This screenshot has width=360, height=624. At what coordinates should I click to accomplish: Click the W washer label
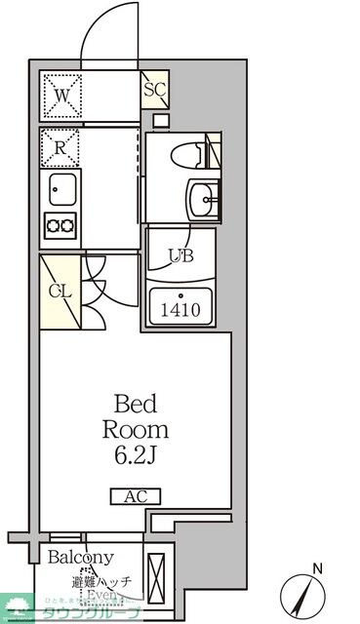point(61,97)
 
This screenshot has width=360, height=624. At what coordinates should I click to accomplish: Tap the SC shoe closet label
point(154,91)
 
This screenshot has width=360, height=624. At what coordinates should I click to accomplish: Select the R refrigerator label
point(60,149)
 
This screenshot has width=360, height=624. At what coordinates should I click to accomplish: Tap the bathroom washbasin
point(205,199)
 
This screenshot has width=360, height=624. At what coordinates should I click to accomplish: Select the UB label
point(180,256)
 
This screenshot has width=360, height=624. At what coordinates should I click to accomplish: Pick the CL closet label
point(59,291)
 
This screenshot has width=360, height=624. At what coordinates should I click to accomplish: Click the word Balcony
point(80,558)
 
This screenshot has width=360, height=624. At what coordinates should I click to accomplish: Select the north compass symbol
point(302,594)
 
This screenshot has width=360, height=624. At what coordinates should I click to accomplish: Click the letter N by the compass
point(315,567)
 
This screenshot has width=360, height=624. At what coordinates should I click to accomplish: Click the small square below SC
point(161,120)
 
